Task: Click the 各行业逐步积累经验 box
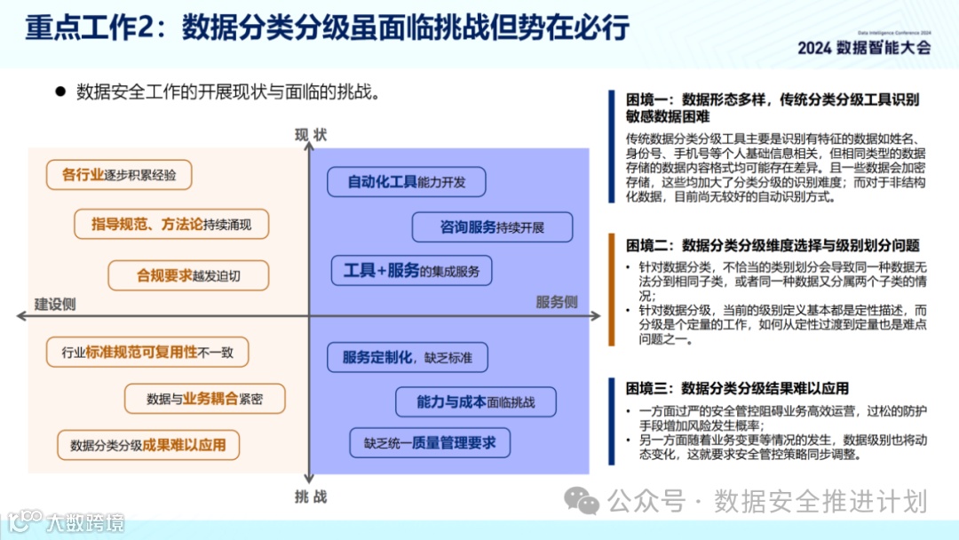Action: point(119,175)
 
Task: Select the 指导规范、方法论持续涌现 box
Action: point(170,225)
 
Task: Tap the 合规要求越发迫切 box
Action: point(188,275)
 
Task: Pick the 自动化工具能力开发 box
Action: point(405,182)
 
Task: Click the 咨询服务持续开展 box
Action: point(492,227)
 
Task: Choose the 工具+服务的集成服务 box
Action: point(411,271)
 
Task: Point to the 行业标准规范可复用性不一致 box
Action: point(147,353)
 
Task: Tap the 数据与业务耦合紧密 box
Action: point(204,399)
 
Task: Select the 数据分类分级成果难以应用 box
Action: point(148,445)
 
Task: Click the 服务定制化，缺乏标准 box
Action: point(408,358)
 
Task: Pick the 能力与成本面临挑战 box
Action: point(476,401)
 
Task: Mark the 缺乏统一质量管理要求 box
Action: point(430,441)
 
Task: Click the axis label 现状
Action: point(311,135)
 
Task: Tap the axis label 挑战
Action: point(311,496)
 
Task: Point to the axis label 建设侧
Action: point(55,304)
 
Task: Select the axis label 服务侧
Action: point(557,302)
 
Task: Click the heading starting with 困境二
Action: point(773,246)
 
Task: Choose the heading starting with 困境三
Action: point(737,388)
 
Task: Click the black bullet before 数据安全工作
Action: point(61,91)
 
